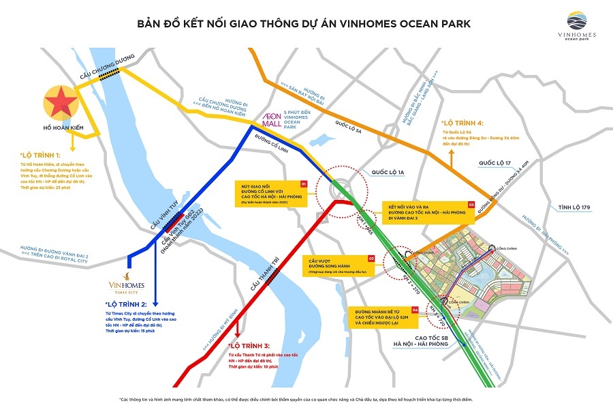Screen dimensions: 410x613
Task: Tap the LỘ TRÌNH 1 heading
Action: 40,156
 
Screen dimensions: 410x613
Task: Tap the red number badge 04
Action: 415,309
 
